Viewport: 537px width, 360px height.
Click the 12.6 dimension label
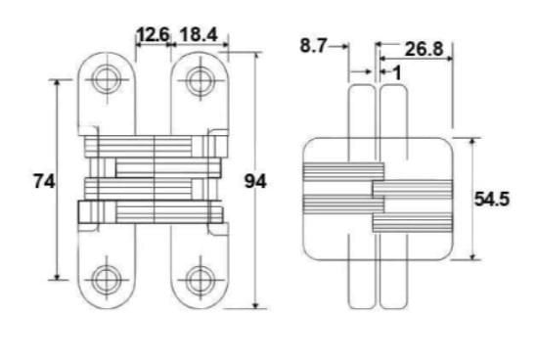coord(154,34)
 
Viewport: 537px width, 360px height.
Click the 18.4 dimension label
coord(199,34)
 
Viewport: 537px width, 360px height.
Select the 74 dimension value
coord(44,181)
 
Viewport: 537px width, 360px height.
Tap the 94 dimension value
coord(255,181)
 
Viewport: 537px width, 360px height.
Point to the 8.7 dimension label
coord(313,46)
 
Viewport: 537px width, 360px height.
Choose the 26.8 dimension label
coord(424,49)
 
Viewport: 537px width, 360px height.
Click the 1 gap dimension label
coord(397,73)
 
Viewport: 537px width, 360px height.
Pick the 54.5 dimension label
coord(492,199)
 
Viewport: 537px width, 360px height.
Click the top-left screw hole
coord(107,80)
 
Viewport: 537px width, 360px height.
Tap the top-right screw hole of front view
coord(200,81)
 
